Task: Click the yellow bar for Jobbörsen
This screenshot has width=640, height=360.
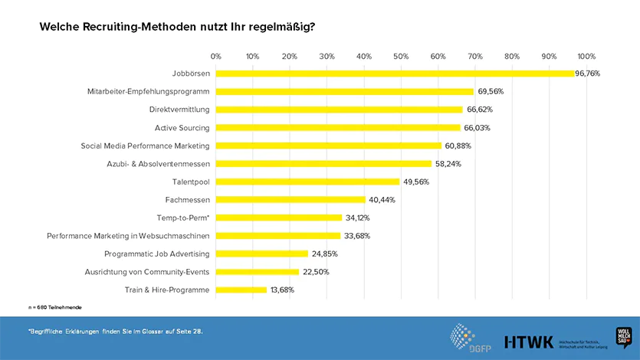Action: [x=395, y=74]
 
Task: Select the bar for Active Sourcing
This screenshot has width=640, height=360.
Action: [x=338, y=128]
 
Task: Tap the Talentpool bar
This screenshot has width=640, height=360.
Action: [x=307, y=182]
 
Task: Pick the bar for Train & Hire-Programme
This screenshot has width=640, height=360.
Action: [x=241, y=290]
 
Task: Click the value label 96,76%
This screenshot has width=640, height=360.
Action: [x=588, y=74]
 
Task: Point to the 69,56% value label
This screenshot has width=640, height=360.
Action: [x=491, y=91]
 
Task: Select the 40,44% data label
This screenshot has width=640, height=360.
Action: [x=382, y=200]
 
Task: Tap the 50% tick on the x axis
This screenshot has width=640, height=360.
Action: [x=401, y=56]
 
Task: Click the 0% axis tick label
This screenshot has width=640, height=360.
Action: [x=216, y=56]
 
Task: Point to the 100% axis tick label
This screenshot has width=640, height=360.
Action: [x=586, y=56]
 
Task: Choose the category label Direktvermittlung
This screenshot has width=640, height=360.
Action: [x=179, y=110]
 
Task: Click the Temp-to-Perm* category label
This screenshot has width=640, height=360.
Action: [x=183, y=218]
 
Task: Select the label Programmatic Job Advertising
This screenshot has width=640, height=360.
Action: [x=157, y=254]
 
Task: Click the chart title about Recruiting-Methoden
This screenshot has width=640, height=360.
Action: [x=177, y=27]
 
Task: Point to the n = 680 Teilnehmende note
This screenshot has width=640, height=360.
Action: [x=54, y=307]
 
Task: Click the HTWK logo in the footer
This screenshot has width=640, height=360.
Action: [x=528, y=341]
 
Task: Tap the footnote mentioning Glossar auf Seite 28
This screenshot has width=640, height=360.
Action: [x=115, y=332]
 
